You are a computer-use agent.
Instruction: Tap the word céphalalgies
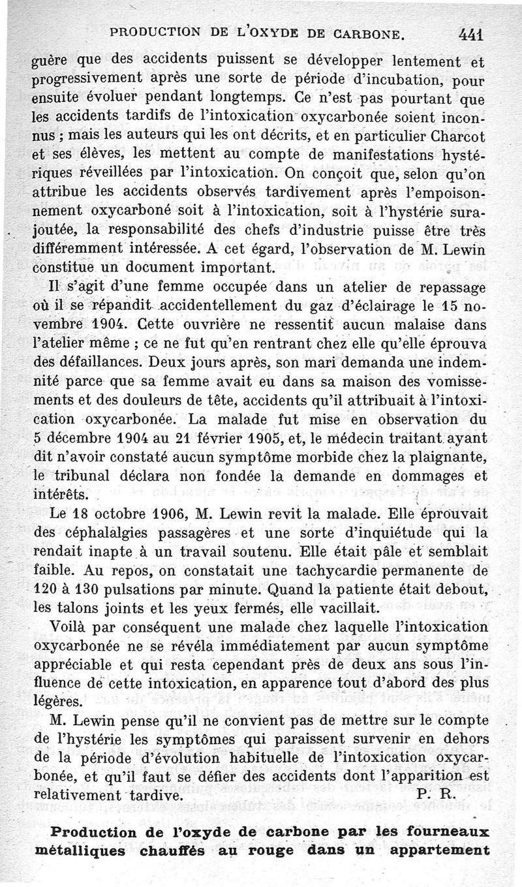pyautogui.click(x=121, y=532)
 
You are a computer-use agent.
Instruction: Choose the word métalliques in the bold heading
pyautogui.click(x=94, y=851)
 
